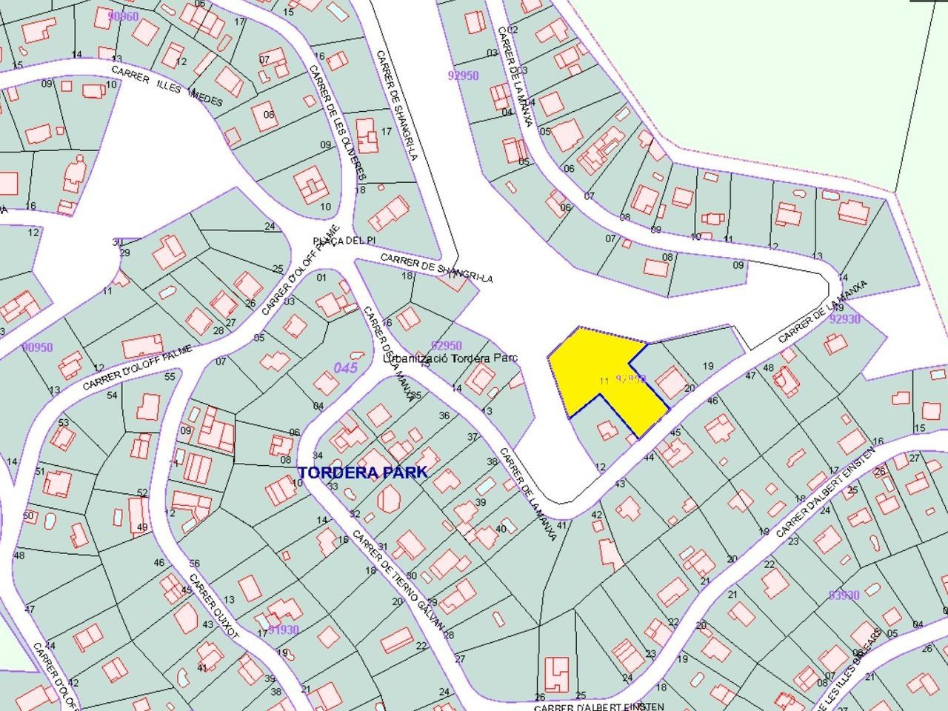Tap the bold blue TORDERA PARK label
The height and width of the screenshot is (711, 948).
[362, 472]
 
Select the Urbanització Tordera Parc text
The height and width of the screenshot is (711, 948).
[450, 358]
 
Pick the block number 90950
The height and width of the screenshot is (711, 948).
[37, 347]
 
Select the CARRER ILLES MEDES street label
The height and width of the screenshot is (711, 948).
[167, 86]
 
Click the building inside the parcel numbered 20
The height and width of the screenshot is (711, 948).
[672, 384]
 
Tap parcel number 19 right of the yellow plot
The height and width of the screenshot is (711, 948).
[708, 366]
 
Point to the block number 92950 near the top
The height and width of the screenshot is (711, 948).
[464, 75]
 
